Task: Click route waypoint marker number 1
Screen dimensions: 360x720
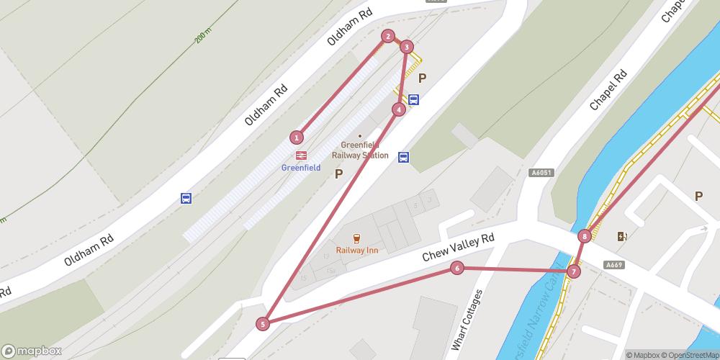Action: [x=296, y=137]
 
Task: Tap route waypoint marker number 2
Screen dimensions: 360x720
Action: [x=388, y=36]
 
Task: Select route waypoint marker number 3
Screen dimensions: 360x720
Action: [x=407, y=47]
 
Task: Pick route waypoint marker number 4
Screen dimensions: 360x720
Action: [x=398, y=109]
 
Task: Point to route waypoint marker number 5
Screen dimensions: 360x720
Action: [x=264, y=324]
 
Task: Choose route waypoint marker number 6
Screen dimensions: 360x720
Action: [x=456, y=268]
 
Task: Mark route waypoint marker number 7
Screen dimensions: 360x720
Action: [x=573, y=271]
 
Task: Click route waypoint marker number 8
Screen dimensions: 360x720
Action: [x=585, y=235]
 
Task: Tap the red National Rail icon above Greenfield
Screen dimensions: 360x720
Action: [x=301, y=155]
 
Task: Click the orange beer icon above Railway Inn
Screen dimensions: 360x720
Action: [x=356, y=238]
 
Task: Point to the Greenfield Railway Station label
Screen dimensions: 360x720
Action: [x=360, y=150]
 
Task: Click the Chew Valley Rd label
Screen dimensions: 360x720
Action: [x=459, y=248]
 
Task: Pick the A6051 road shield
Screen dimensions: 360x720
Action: [x=541, y=173]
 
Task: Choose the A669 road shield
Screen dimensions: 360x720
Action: [x=613, y=265]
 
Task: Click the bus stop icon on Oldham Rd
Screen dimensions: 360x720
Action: [x=186, y=198]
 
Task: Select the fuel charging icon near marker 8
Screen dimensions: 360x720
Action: [x=622, y=236]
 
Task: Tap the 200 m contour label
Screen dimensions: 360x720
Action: [x=204, y=36]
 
